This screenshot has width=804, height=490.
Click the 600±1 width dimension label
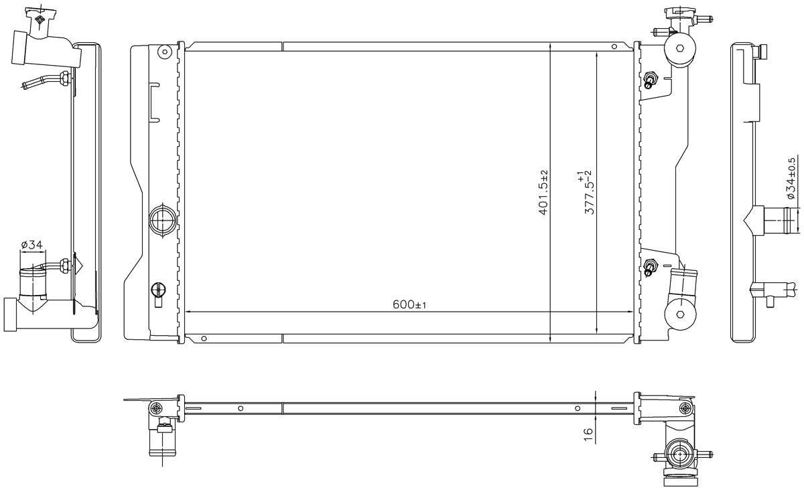(409, 305)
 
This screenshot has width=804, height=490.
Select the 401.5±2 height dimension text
(543, 193)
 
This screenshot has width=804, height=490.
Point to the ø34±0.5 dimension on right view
(791, 178)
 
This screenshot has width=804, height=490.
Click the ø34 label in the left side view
(32, 245)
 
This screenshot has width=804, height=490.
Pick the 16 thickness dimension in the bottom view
(589, 435)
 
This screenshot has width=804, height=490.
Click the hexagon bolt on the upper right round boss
(679, 48)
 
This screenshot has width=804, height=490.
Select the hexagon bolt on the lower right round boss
(679, 314)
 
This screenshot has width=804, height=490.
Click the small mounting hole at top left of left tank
(165, 52)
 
